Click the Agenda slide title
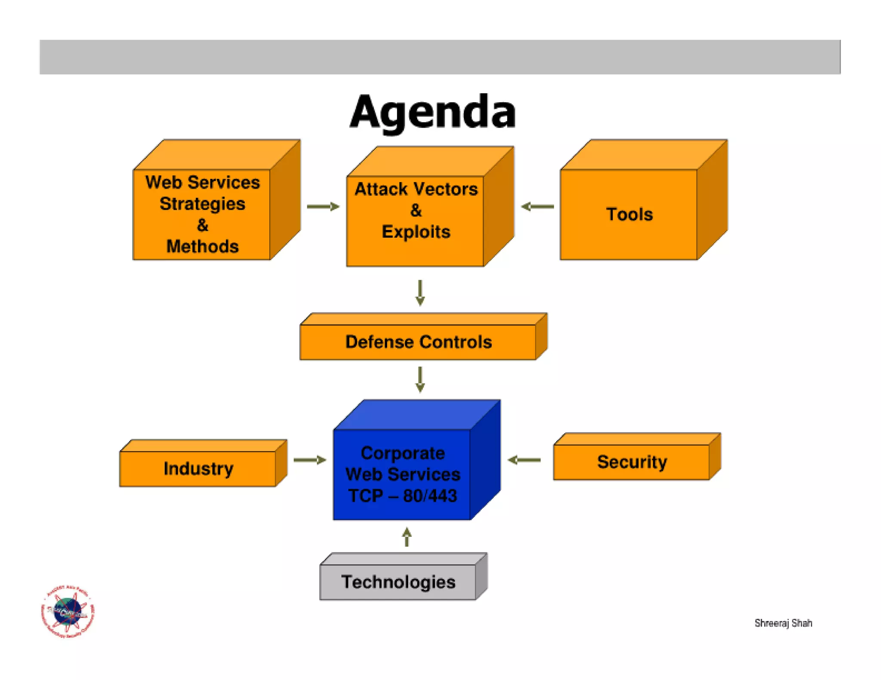click(x=432, y=112)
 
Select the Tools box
click(x=629, y=214)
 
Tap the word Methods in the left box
click(x=202, y=247)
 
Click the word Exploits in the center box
click(x=416, y=232)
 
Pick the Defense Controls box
click(x=418, y=342)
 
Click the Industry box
click(x=198, y=469)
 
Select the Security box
click(x=631, y=462)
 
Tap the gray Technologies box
click(x=398, y=582)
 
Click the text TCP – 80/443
click(x=403, y=496)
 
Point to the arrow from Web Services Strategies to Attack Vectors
click(x=323, y=207)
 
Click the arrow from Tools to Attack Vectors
click(x=537, y=207)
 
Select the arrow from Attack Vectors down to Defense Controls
click(x=420, y=293)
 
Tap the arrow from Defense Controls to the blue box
click(x=420, y=379)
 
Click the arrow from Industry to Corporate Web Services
click(x=310, y=460)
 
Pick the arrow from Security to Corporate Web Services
click(x=524, y=460)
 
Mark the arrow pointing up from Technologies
click(x=407, y=537)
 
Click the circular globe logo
click(x=68, y=611)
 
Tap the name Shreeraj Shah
click(x=783, y=623)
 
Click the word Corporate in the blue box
click(x=403, y=453)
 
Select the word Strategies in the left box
click(x=202, y=204)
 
